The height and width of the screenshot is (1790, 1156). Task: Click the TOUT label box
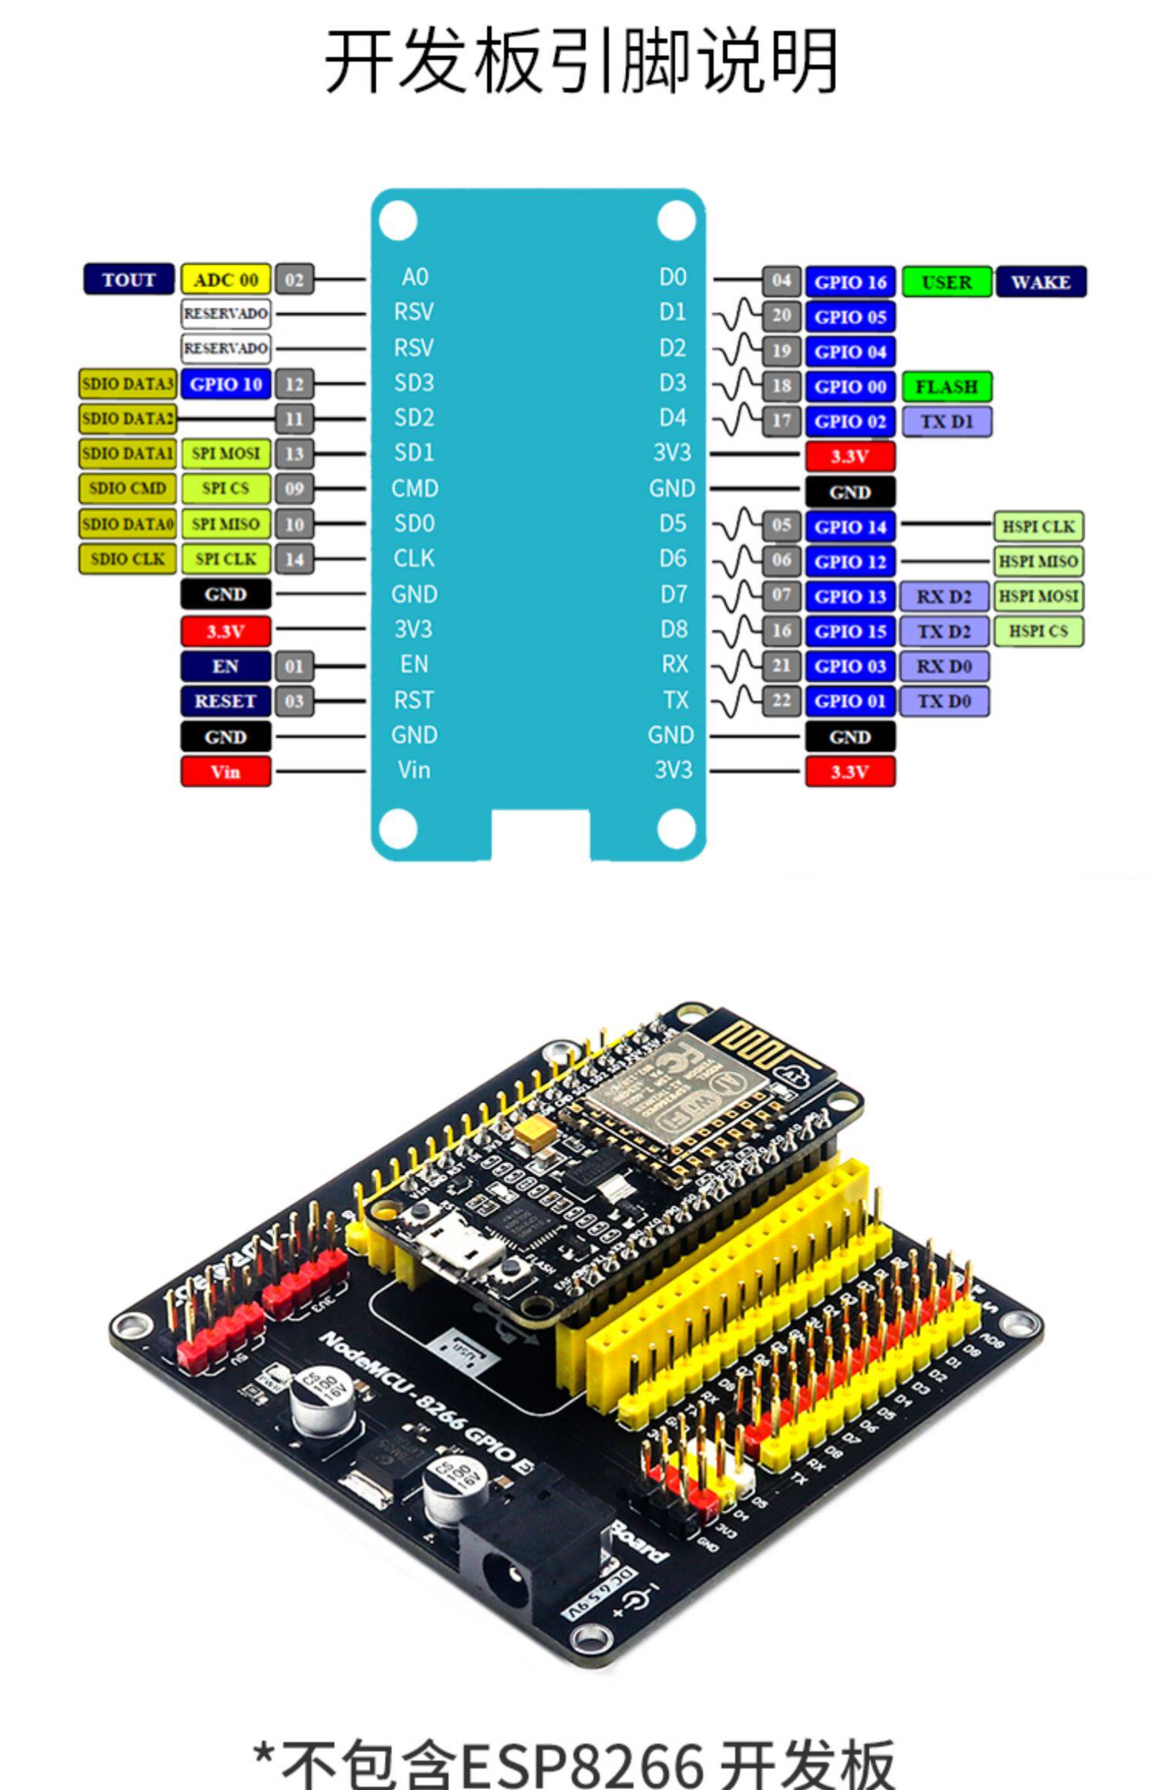point(129,279)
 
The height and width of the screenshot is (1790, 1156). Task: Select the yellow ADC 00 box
point(226,279)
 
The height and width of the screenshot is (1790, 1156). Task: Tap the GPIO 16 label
point(850,282)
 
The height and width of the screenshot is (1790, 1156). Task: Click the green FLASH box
point(946,386)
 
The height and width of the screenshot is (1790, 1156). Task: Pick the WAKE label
point(1040,282)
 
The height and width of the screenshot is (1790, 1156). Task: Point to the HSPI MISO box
point(1037,561)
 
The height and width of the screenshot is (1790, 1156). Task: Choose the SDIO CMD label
point(127,488)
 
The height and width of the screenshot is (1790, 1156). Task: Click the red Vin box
point(226,771)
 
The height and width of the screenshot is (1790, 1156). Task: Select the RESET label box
point(226,701)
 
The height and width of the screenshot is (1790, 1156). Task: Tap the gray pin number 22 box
point(781,701)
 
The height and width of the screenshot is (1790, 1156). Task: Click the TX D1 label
point(946,422)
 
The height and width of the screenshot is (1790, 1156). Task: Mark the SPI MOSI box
point(226,453)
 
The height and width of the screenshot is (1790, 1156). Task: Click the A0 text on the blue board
point(415,277)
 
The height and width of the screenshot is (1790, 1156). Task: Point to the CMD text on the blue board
point(415,488)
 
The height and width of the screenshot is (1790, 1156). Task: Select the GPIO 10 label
point(226,383)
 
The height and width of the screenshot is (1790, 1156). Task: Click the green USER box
point(946,282)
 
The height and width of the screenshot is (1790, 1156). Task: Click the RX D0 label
point(944,666)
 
